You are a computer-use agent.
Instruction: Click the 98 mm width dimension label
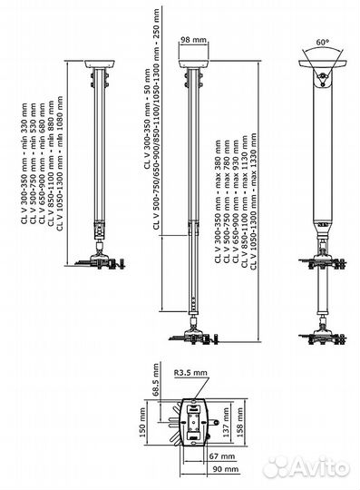193,40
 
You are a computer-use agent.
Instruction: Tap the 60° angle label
323,42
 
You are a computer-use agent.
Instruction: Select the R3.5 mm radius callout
190,373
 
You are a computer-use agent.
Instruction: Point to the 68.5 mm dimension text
155,379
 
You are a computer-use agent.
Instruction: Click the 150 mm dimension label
142,422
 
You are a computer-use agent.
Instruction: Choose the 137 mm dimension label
226,422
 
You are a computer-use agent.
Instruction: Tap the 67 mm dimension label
221,456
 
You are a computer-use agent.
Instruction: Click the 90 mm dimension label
225,469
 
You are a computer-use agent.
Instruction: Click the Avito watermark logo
306,467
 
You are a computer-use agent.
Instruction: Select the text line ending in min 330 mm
24,163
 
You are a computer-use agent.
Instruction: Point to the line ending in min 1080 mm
60,163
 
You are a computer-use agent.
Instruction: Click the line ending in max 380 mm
218,201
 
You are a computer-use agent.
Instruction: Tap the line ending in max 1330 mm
253,201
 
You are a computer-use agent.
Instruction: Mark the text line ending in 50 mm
147,119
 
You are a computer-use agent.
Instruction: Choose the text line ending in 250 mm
156,119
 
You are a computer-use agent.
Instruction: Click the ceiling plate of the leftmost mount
100,64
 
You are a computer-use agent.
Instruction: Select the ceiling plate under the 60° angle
323,64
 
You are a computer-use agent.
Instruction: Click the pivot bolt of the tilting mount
323,75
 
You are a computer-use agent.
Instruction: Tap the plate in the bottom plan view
193,422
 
